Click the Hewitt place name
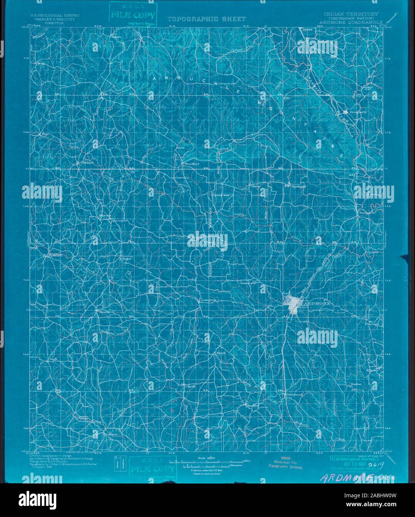click(x=104, y=312)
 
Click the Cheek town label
click(x=190, y=386)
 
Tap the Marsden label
click(x=252, y=405)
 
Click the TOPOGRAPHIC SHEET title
click(x=206, y=19)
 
